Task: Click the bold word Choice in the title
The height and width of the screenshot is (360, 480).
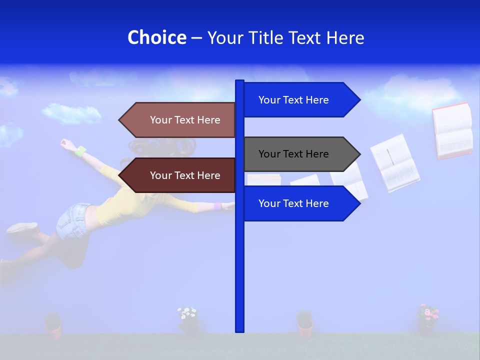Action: click(x=156, y=37)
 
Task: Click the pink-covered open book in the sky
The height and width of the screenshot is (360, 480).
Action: click(x=453, y=130)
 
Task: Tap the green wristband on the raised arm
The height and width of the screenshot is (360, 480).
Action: click(x=80, y=150)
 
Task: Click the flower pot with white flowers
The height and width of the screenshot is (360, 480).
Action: click(x=188, y=320)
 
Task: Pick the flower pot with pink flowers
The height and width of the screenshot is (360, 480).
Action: click(x=427, y=320)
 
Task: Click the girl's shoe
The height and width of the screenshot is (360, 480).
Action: click(x=22, y=228)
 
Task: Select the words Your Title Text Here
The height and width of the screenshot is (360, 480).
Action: click(x=285, y=37)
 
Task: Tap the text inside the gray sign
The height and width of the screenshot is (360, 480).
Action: click(x=293, y=154)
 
